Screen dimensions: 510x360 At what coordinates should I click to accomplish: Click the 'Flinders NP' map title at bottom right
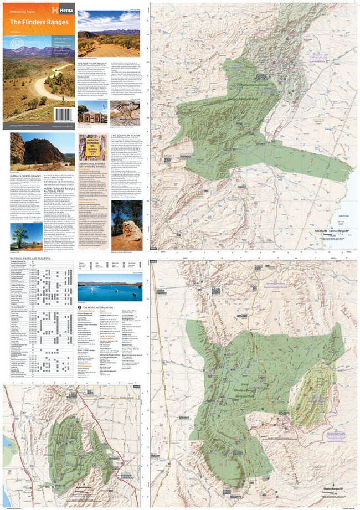coord(335,490)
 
